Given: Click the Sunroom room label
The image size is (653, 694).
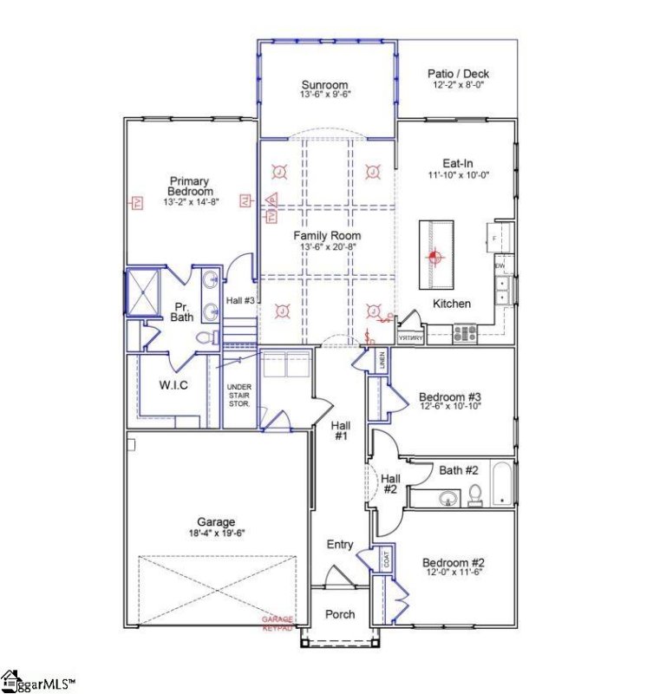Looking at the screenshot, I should (x=325, y=85).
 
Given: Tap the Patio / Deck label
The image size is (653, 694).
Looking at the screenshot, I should (x=458, y=74).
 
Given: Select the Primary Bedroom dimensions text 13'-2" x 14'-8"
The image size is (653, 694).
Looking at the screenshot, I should (x=189, y=202).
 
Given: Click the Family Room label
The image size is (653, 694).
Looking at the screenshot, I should (x=327, y=235).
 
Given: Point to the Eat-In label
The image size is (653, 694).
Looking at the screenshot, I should (x=458, y=162).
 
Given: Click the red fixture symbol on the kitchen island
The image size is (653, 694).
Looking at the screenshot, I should (x=436, y=256).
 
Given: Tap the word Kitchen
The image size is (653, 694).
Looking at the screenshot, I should (x=452, y=304).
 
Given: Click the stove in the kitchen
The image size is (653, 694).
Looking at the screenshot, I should (x=463, y=334).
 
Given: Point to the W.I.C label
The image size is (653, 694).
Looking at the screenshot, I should (x=173, y=384).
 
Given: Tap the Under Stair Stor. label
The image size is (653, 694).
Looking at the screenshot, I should (x=238, y=395).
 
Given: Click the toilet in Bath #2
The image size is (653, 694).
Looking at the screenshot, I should (x=475, y=494).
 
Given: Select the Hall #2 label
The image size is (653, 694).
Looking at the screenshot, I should (x=390, y=484).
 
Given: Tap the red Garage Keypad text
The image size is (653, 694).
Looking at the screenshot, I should (x=278, y=623).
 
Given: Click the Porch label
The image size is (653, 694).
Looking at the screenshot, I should (x=340, y=614).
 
